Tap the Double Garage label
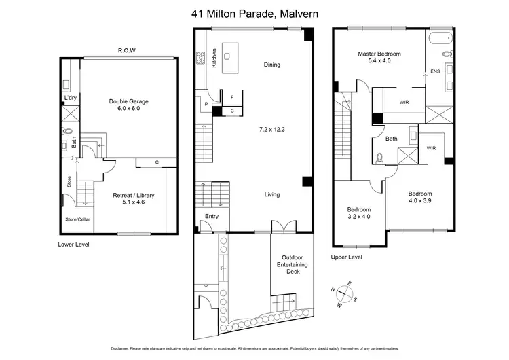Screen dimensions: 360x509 click(x=128, y=105)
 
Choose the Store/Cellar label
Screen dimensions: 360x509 click(x=77, y=219)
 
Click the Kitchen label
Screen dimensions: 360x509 click(x=214, y=56)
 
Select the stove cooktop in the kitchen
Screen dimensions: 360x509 click(x=201, y=60)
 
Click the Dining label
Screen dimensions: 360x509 click(x=272, y=65)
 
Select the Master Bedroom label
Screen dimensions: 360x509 click(x=379, y=56)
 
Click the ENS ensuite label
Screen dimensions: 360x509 click(x=435, y=70)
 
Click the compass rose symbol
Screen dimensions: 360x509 click(x=345, y=293)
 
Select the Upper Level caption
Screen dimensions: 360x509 click(x=347, y=257)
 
